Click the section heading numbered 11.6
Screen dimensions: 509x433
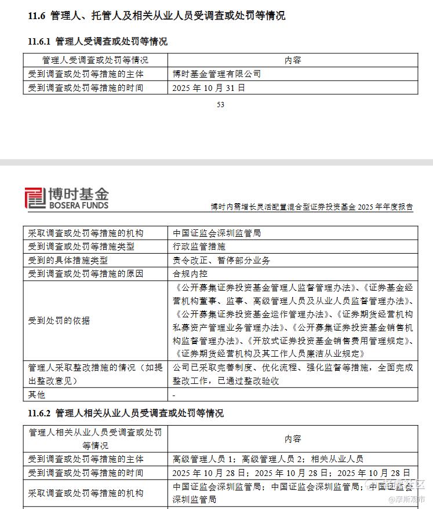tap(157, 16)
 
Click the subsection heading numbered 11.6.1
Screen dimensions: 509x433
tap(98, 42)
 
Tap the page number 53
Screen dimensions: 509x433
tap(220, 105)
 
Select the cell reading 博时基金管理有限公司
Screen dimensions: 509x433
tap(217, 74)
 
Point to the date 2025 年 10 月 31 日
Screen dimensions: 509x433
tap(209, 88)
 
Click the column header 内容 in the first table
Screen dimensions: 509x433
tap(293, 60)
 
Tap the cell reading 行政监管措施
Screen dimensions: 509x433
tap(199, 247)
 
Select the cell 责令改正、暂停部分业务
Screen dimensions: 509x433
tap(221, 261)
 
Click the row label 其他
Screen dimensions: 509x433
tap(37, 395)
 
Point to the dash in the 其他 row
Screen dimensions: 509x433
tap(174, 395)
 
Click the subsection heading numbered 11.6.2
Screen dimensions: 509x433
tap(126, 413)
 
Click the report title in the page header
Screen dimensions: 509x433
tap(312, 207)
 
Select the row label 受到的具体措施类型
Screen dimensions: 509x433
tap(68, 261)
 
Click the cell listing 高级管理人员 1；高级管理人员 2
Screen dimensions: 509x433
tap(268, 459)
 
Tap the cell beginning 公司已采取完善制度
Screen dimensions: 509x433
tap(293, 374)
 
